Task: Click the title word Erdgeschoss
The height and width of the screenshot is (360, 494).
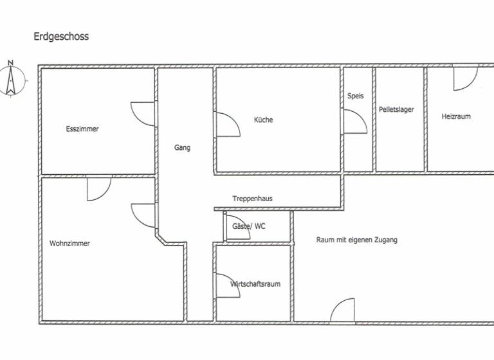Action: point(61,37)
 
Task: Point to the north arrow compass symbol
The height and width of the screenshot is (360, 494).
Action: point(11,78)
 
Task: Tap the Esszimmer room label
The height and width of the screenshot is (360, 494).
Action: point(82,129)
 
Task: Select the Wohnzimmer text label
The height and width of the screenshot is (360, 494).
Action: point(69,244)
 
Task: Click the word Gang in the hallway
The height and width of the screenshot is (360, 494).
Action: point(182,147)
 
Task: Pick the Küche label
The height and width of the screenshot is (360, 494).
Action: point(263,120)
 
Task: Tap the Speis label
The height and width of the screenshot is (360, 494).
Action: point(355,96)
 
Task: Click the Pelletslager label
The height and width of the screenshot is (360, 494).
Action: point(396,110)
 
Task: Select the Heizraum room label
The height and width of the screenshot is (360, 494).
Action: point(455,116)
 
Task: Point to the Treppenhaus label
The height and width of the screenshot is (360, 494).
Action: point(252,199)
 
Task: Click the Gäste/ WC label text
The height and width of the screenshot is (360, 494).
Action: point(248,226)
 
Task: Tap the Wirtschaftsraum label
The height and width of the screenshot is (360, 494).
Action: point(255,283)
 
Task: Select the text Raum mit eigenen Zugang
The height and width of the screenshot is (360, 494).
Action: point(356,240)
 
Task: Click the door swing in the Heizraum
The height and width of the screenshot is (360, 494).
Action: point(464,78)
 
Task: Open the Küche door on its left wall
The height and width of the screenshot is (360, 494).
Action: point(226,125)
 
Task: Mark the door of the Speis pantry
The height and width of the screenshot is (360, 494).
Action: point(354,122)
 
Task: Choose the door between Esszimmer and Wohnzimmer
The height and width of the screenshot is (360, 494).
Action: point(99,187)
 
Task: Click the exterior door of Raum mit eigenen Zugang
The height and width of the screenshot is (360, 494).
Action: point(342,310)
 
